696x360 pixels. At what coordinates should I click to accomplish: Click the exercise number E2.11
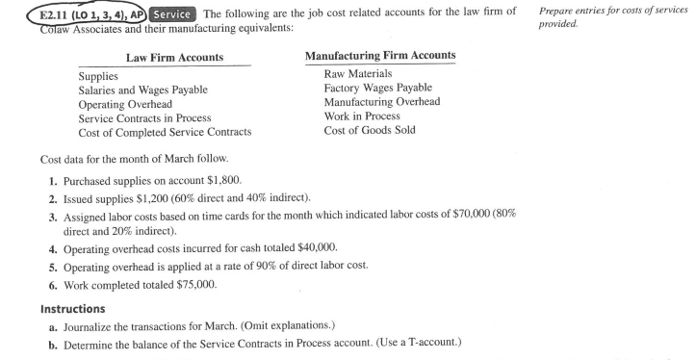[26, 12]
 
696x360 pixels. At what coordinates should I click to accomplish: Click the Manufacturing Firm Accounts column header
[380, 57]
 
